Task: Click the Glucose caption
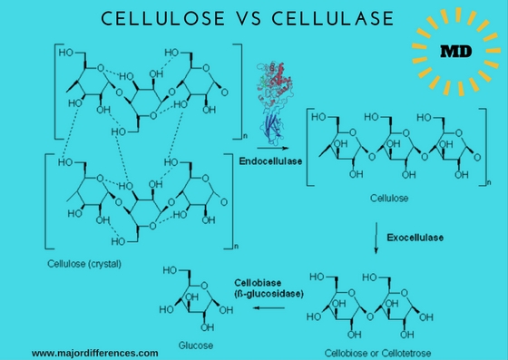point(195,346)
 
